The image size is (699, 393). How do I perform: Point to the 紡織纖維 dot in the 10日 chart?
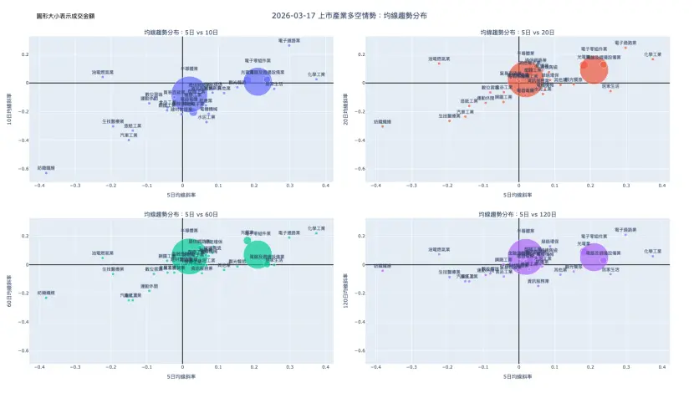[x=46, y=172]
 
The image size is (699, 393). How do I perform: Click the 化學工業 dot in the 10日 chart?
[x=316, y=79]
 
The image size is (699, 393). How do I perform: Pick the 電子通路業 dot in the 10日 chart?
[x=289, y=45]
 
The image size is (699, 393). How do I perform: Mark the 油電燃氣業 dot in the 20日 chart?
[x=439, y=64]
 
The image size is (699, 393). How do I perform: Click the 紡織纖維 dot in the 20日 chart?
[x=383, y=126]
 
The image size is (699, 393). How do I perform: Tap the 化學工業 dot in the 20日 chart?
[x=653, y=59]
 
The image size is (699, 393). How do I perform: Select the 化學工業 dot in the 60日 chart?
[x=316, y=233]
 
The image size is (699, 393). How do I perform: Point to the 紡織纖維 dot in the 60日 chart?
[x=46, y=298]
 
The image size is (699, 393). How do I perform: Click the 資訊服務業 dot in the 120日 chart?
[x=538, y=286]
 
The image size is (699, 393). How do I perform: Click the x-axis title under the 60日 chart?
[x=182, y=377]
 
